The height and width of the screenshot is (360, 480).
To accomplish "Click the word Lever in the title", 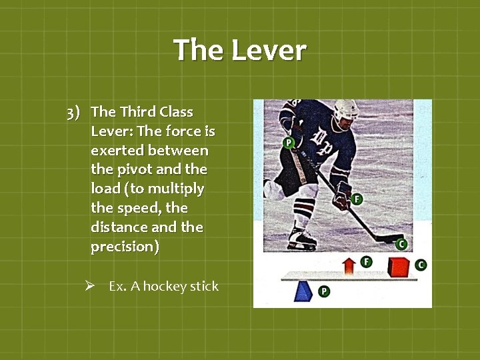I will coord(273,51).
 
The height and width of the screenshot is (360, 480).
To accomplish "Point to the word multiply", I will coord(179,189).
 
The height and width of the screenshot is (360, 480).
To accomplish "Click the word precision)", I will coord(125,246).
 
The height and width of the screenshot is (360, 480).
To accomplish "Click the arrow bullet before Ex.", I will coord(96,286).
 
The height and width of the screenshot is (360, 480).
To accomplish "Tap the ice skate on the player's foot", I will coord(301,237).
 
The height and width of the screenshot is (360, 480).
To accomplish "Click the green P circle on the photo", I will coord(289,143).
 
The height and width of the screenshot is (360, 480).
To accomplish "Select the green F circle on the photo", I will coord(357,199).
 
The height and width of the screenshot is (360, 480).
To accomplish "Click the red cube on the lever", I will coord(399,266).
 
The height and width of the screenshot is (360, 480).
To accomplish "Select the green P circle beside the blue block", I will coord(324,291).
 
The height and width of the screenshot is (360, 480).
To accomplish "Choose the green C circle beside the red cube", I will coord(420,265).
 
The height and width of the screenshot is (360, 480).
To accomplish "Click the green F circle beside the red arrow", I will coord(366,261).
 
